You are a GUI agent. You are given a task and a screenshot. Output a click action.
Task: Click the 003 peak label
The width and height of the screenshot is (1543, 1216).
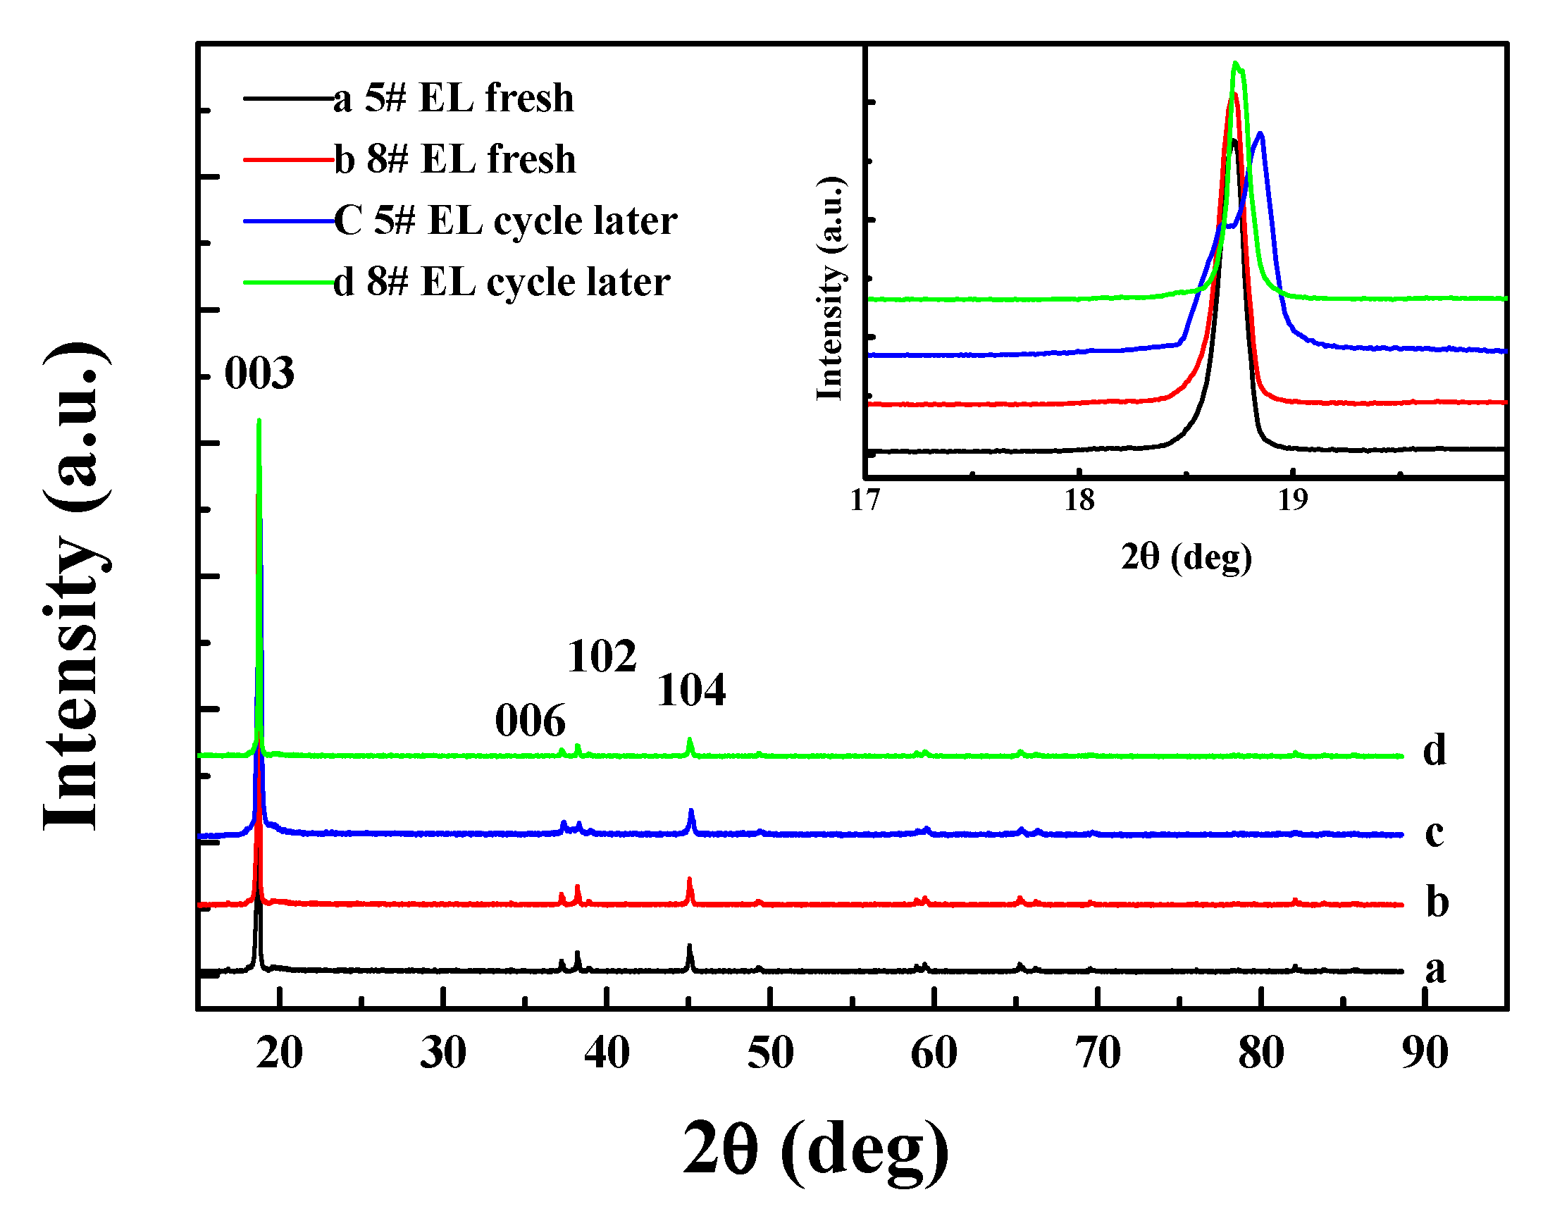coord(259,373)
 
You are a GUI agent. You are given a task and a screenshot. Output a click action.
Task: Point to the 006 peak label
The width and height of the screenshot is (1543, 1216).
coord(530,721)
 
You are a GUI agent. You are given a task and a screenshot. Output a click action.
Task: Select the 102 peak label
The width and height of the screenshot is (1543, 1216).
coord(602,656)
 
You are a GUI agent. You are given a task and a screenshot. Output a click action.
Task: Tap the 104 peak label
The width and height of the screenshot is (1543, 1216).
coord(690,690)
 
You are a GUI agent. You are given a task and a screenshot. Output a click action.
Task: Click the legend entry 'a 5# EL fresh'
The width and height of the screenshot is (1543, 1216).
coord(453,97)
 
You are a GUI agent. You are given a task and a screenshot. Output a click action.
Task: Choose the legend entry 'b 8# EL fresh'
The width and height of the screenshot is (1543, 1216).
coord(454,159)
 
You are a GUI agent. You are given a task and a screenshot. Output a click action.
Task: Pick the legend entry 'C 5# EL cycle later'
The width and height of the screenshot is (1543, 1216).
coord(505,220)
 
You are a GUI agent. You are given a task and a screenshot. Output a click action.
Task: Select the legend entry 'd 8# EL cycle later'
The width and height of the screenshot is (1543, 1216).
coord(501,281)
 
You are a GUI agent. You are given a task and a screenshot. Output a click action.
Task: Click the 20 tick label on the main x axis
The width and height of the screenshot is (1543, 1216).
coord(280,1053)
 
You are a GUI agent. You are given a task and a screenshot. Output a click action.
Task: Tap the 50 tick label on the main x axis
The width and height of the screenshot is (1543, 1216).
coord(770,1053)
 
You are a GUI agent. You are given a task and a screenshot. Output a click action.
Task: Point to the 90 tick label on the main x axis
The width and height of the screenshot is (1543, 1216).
coord(1425,1053)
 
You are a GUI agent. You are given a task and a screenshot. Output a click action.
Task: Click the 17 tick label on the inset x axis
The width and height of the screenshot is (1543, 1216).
coord(866,500)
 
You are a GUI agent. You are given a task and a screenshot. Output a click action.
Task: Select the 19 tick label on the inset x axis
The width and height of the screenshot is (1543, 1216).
coord(1292,500)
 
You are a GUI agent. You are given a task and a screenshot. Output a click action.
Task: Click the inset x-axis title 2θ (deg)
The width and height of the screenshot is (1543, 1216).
coord(1186,557)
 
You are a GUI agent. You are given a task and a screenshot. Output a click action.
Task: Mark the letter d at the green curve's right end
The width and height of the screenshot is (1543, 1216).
coord(1434,750)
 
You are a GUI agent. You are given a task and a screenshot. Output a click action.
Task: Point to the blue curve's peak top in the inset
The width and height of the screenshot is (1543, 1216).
coord(1260,134)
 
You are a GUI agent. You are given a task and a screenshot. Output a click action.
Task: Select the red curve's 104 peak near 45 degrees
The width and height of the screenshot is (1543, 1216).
coord(689,881)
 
